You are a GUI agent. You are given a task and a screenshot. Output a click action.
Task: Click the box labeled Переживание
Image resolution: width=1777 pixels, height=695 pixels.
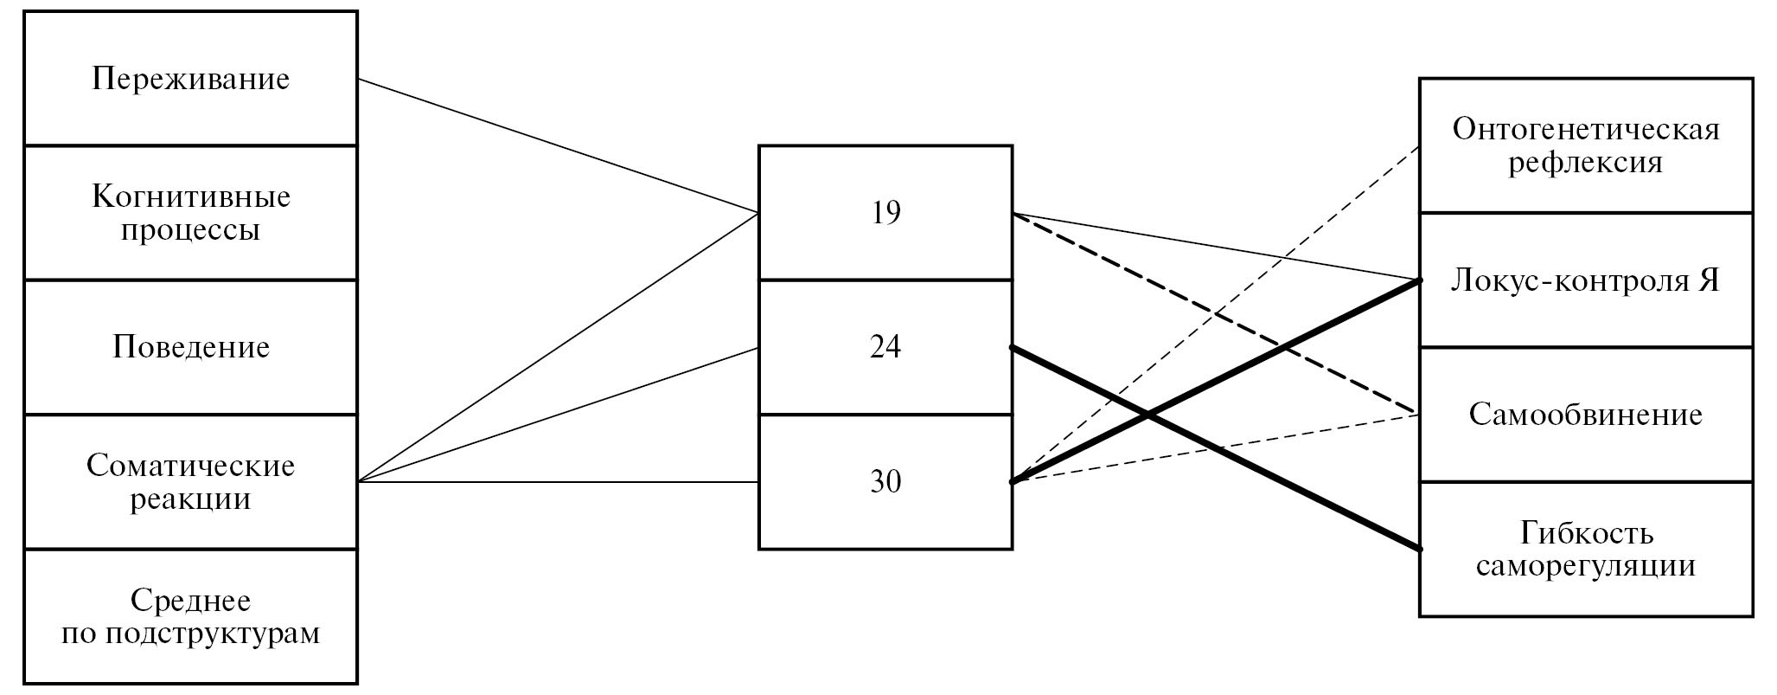[190, 79]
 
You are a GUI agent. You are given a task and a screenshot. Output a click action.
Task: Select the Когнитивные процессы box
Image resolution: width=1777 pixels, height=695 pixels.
[190, 213]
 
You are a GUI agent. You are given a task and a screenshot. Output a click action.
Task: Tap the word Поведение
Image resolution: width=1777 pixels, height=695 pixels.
[190, 347]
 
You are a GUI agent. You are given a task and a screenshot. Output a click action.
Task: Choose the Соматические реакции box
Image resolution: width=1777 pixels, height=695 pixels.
[190, 482]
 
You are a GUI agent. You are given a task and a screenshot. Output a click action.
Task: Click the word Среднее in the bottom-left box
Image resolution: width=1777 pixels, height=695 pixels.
[190, 600]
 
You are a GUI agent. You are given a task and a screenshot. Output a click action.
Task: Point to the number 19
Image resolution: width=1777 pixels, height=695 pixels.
[885, 213]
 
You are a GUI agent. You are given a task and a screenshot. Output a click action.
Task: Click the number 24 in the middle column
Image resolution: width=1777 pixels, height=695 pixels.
[885, 347]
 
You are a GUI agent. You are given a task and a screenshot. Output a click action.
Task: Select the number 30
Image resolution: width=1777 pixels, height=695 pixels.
[885, 482]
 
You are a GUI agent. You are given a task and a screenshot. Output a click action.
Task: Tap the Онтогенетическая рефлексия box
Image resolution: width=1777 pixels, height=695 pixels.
[1586, 145]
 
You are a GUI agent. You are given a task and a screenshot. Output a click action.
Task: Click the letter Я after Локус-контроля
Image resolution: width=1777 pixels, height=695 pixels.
[1707, 281]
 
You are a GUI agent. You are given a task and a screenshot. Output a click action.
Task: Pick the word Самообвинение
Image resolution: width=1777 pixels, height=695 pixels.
[1586, 415]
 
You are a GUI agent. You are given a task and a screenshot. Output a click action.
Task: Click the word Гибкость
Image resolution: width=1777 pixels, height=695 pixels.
[1586, 533]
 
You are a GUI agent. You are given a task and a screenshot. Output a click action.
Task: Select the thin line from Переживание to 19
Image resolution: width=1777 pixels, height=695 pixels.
[558, 145]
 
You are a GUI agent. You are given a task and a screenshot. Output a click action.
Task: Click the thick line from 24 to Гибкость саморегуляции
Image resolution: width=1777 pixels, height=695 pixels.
[1297, 487]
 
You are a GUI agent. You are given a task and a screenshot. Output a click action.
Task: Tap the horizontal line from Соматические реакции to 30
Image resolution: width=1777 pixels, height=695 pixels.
[558, 482]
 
